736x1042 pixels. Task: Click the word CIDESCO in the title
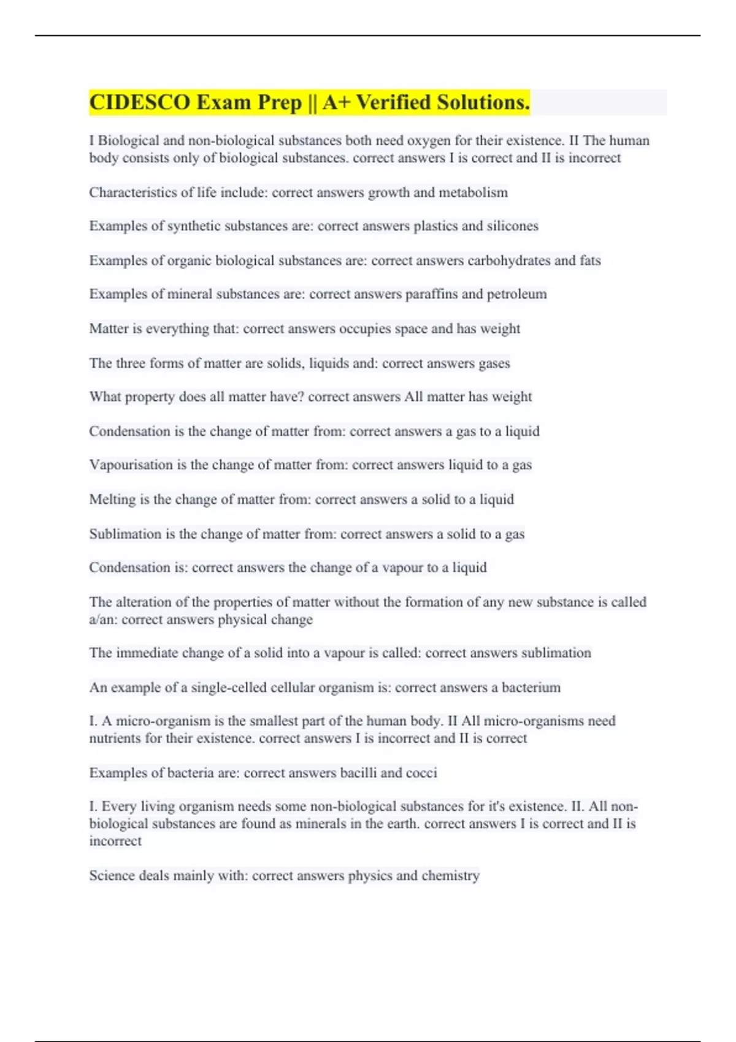point(140,102)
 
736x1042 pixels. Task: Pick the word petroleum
point(516,294)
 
